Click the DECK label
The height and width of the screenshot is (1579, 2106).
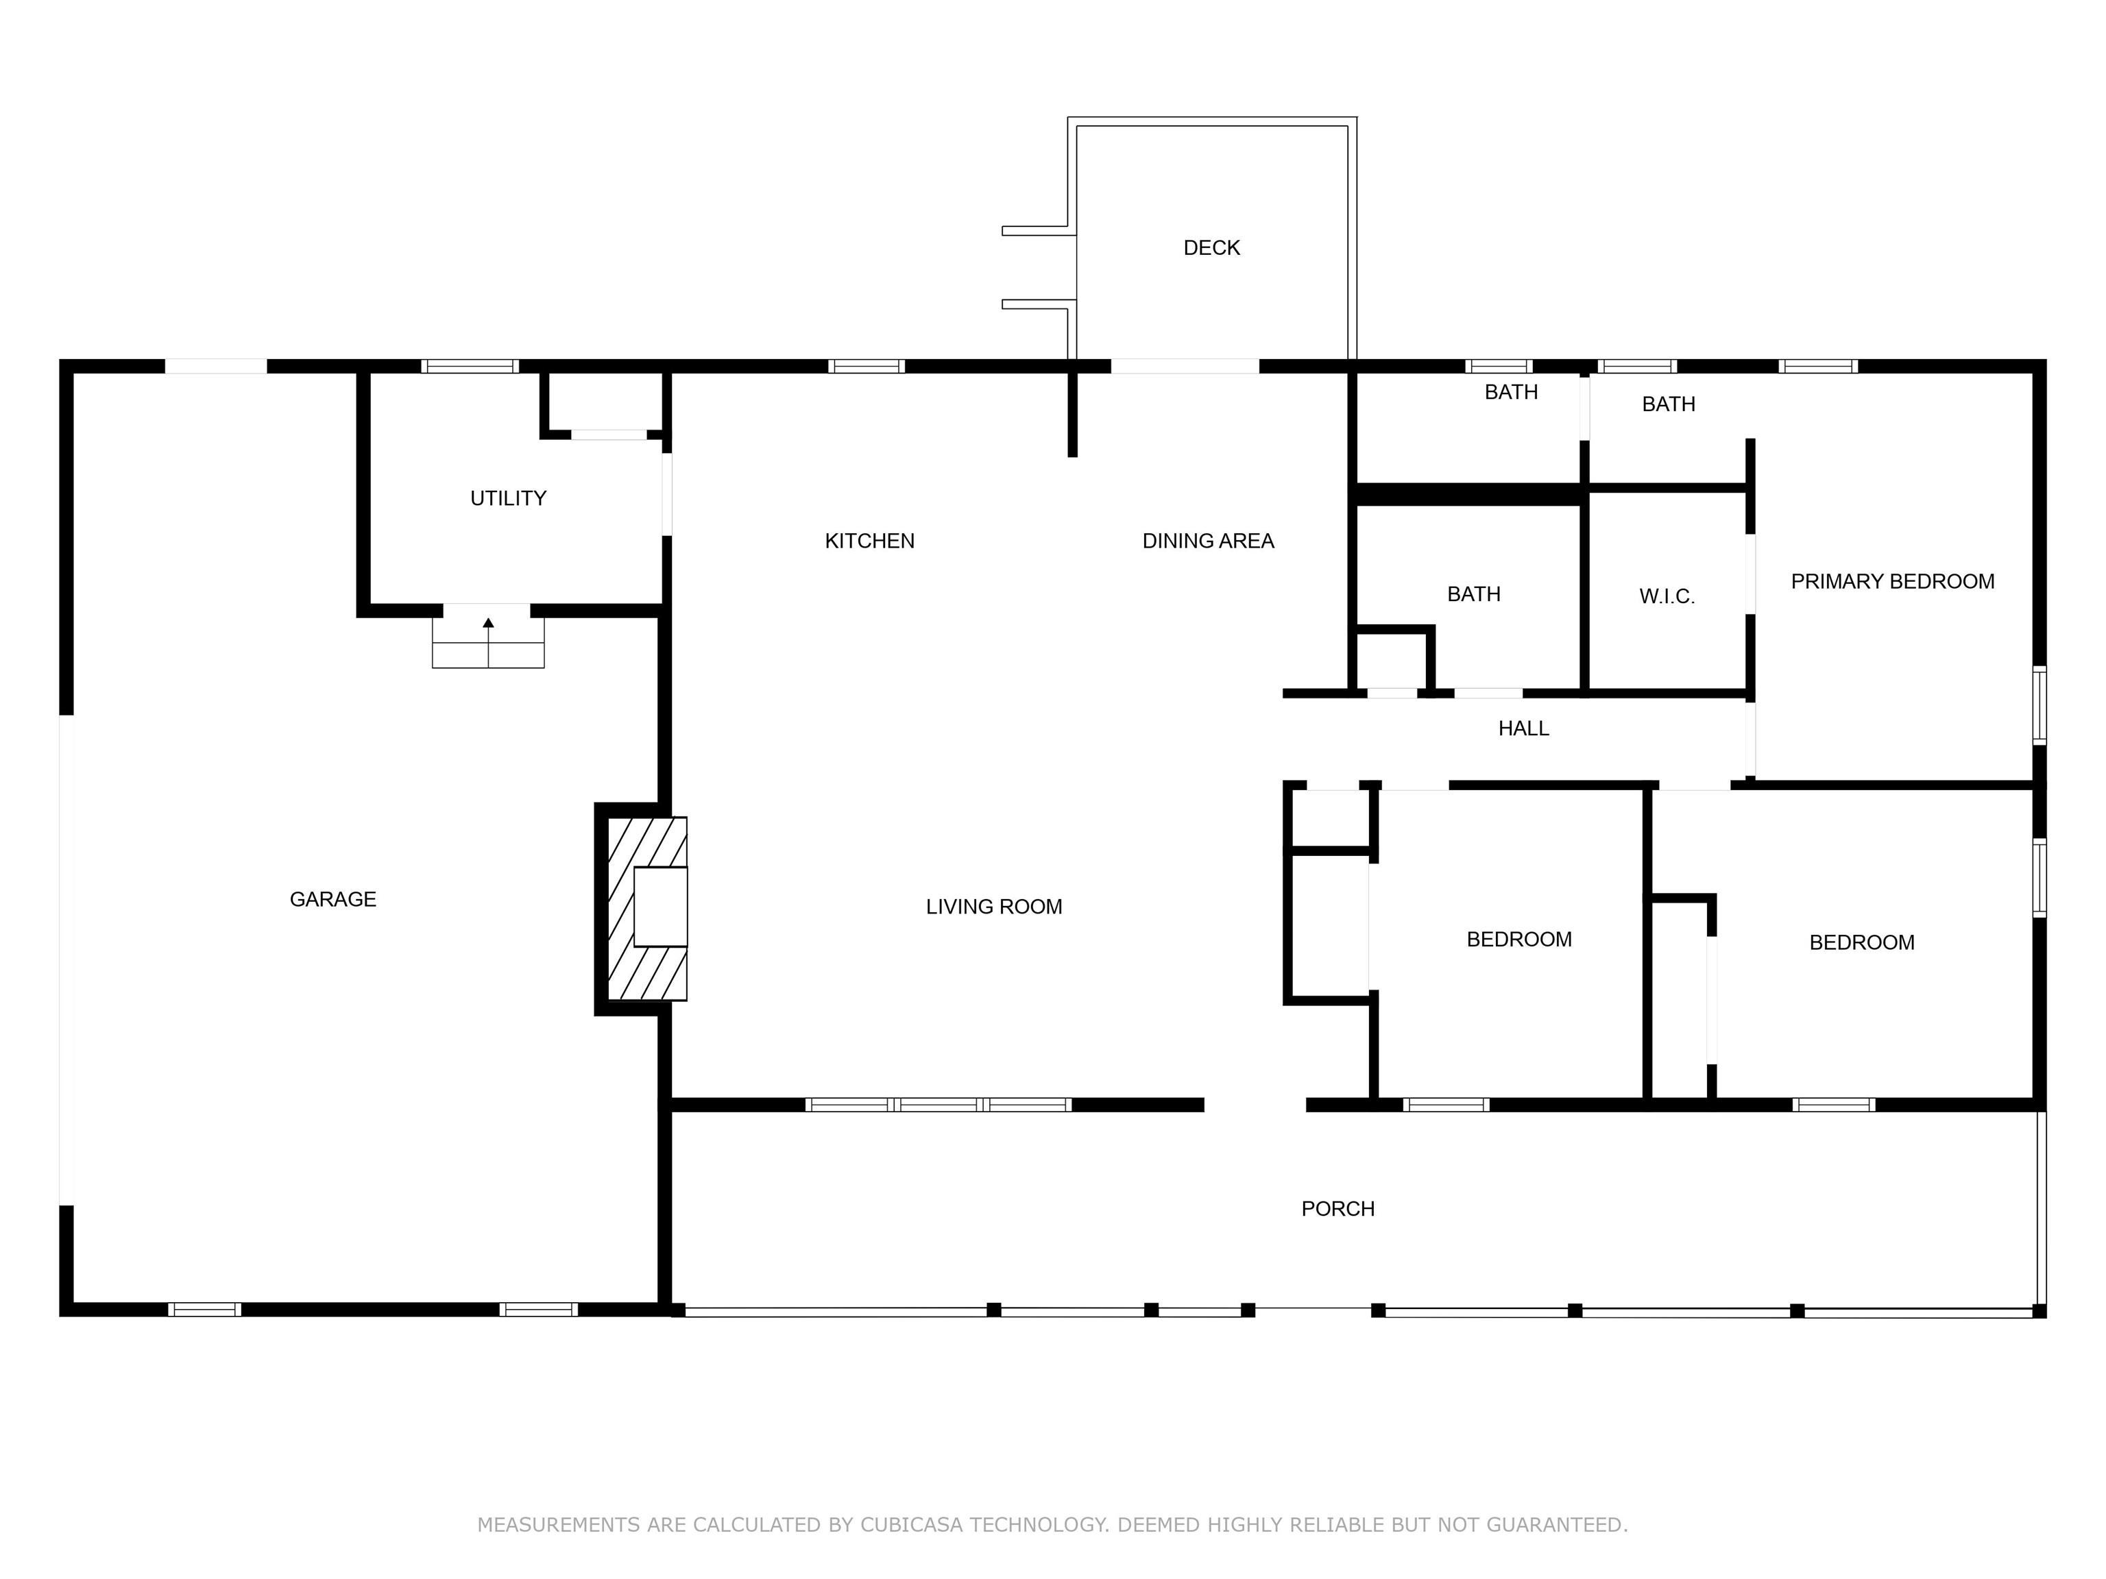pos(1211,248)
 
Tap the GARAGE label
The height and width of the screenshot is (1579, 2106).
pos(333,899)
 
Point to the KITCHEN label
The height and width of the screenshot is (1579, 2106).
pos(869,541)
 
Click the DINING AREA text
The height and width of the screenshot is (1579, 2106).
pos(1208,541)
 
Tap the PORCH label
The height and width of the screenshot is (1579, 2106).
pos(1338,1209)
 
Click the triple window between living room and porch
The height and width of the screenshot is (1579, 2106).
pos(939,1105)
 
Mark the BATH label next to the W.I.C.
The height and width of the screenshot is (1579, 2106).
pos(1474,595)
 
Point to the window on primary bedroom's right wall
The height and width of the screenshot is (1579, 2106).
pos(2040,705)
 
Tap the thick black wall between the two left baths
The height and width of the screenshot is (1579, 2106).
pos(1467,494)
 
